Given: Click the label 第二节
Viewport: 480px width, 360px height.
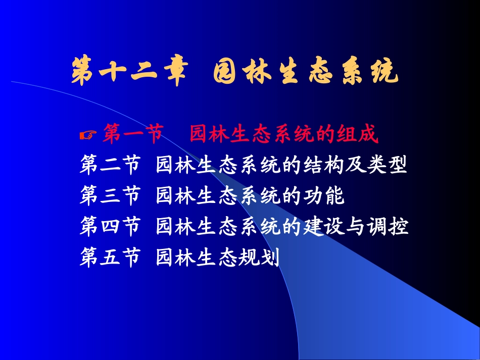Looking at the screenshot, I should (110, 165).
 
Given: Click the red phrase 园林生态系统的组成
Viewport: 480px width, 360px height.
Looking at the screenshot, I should (284, 135).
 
